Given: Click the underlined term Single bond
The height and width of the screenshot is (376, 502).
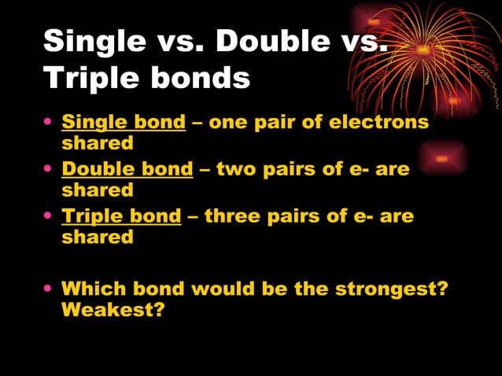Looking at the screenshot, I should pyautogui.click(x=124, y=123).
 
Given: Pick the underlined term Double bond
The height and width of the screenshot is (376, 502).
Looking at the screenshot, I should pyautogui.click(x=127, y=169).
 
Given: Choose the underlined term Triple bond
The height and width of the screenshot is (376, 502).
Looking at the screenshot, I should pyautogui.click(x=121, y=216).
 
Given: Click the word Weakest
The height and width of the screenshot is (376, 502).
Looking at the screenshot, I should pyautogui.click(x=113, y=310).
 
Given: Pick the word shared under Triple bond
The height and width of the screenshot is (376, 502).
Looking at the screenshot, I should pyautogui.click(x=98, y=238).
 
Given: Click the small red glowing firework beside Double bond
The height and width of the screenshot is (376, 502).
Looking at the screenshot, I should pyautogui.click(x=442, y=158).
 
